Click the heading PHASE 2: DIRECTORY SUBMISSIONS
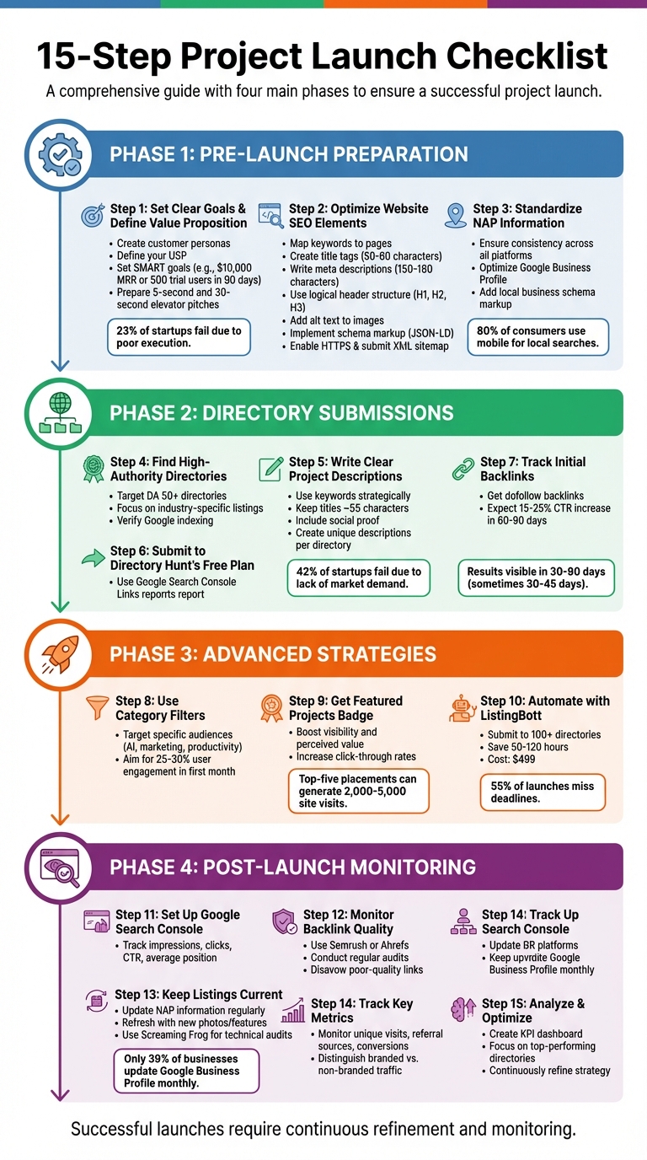tap(281, 413)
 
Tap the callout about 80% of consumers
tap(537, 336)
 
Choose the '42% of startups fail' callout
tap(359, 577)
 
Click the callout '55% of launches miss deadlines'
tap(543, 792)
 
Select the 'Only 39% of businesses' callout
tap(186, 1071)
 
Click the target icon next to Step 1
tap(91, 214)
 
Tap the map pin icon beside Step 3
tap(455, 214)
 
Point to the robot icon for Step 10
tap(460, 707)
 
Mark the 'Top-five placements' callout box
tap(358, 792)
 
